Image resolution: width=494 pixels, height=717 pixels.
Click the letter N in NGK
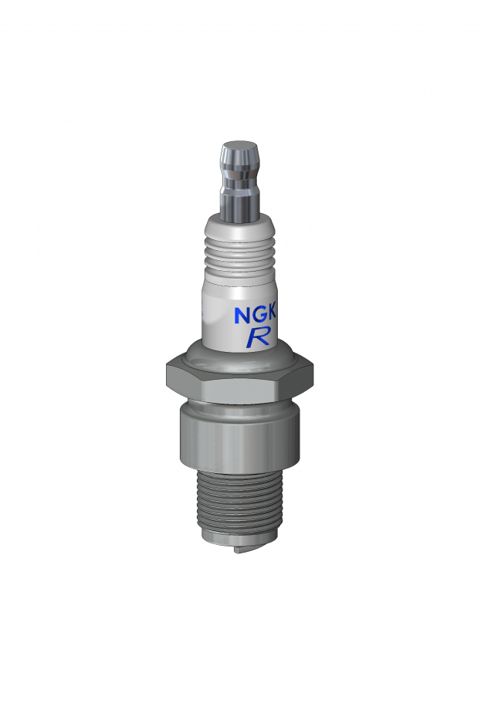243,316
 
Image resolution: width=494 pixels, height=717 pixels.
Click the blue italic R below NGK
257,337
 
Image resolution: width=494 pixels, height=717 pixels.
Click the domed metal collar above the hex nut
239,360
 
